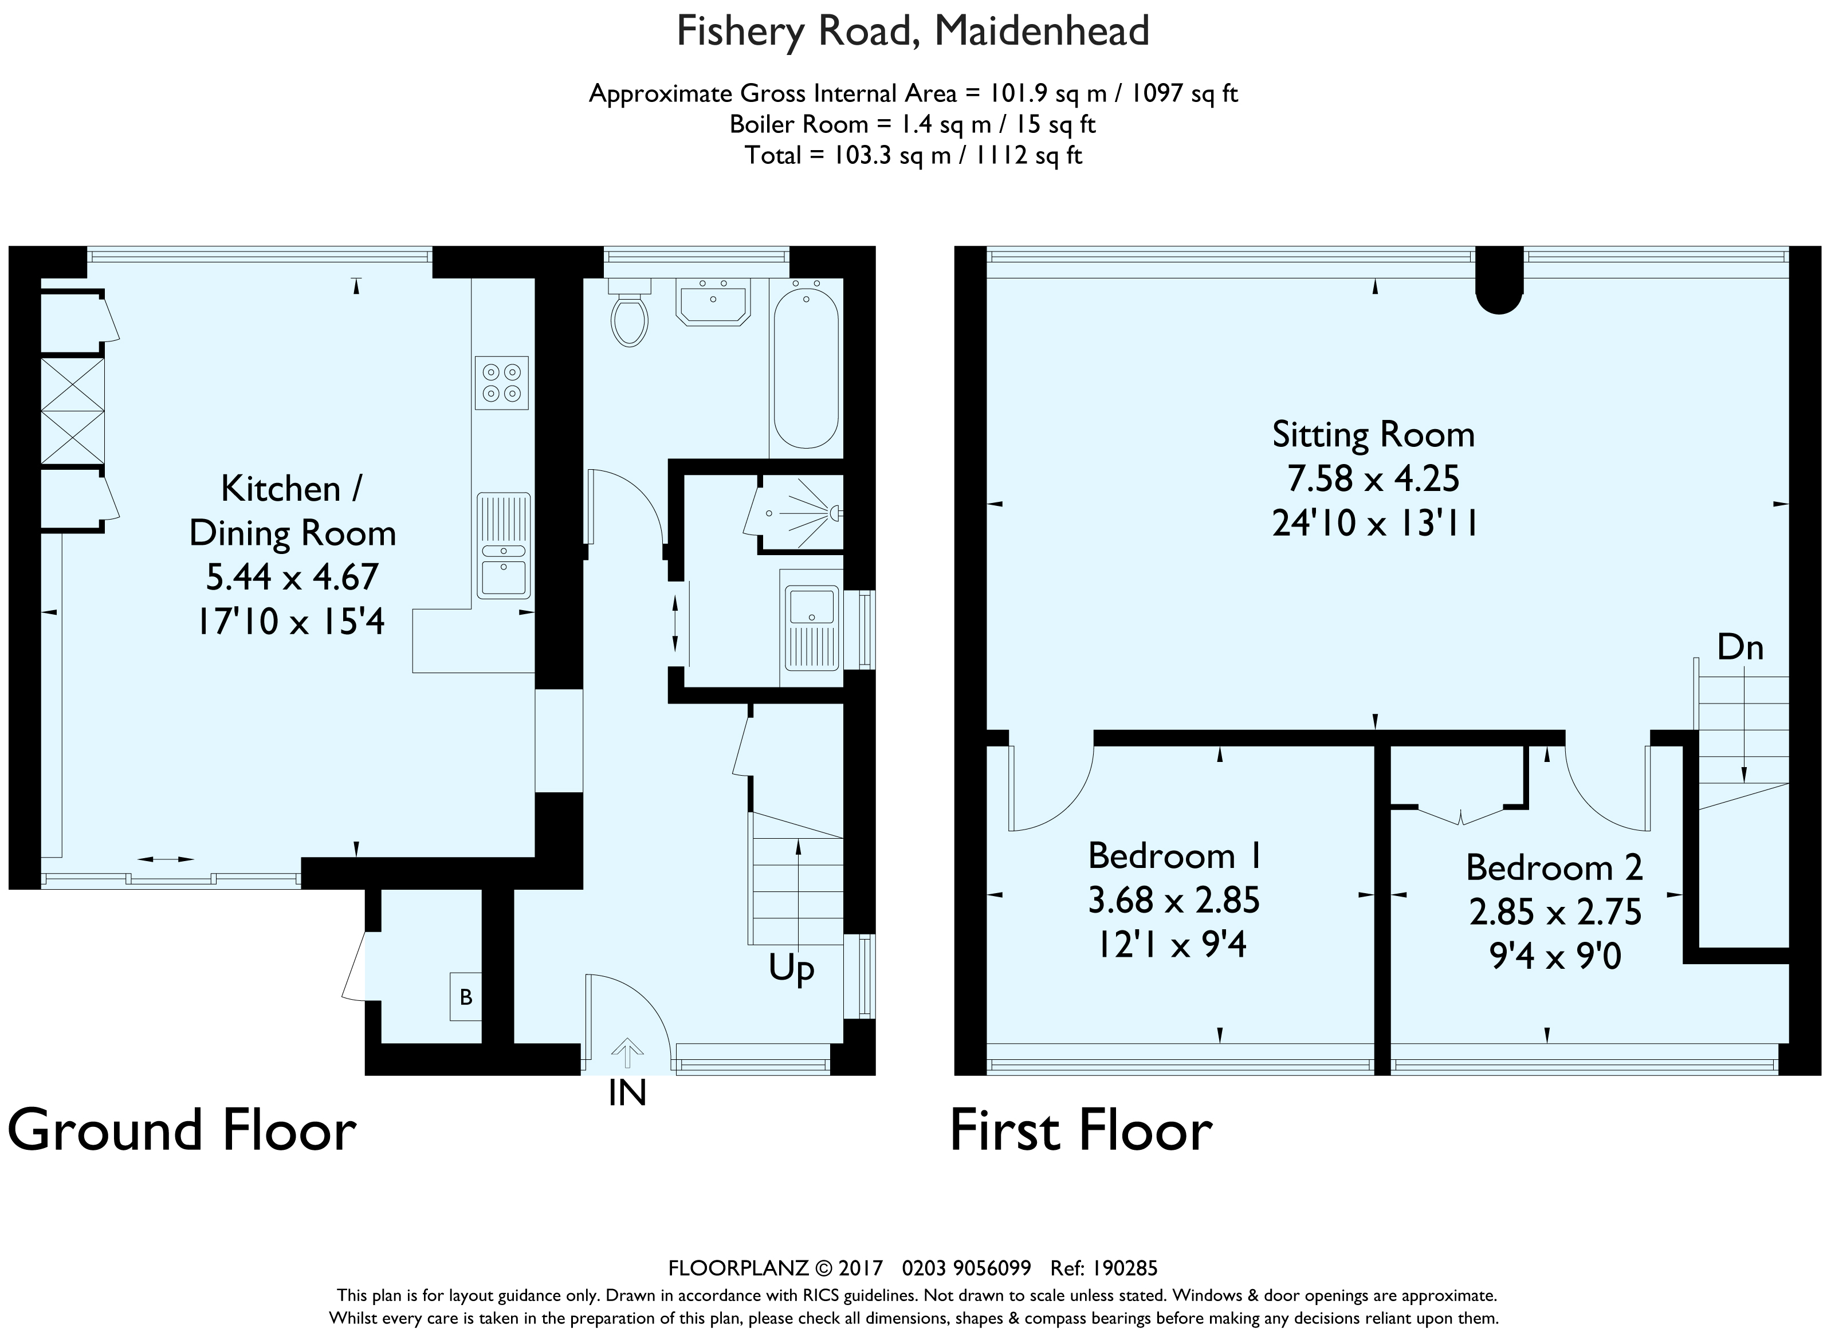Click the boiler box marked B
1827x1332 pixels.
tap(466, 997)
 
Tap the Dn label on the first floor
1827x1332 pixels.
tap(1740, 647)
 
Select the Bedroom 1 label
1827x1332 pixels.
tap(1174, 855)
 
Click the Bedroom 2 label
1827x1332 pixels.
tap(1554, 867)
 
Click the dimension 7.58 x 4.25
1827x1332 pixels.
tap(1374, 479)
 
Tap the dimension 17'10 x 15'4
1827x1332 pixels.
tap(292, 622)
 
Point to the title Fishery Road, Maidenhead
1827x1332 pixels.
tap(913, 32)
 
